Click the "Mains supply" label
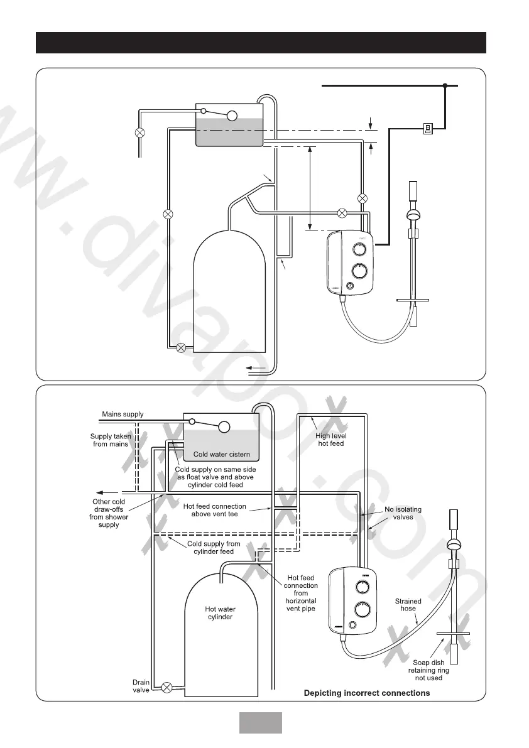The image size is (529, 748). (123, 415)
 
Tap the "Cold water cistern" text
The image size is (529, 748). (221, 454)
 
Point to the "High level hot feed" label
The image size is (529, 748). (331, 440)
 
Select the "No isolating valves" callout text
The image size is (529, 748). (403, 513)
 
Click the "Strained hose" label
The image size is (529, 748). (408, 605)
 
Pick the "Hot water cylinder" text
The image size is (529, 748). (219, 612)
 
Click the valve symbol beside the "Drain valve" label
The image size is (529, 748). (167, 687)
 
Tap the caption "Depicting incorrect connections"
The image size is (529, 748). (367, 693)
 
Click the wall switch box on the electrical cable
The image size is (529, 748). (427, 129)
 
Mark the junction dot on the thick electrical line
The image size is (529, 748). (445, 85)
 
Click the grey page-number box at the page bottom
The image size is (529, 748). (260, 722)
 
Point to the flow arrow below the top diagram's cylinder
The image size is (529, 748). (254, 367)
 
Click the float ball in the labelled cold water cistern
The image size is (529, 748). (223, 427)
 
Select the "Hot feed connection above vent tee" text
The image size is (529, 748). (214, 510)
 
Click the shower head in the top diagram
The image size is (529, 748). (413, 215)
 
